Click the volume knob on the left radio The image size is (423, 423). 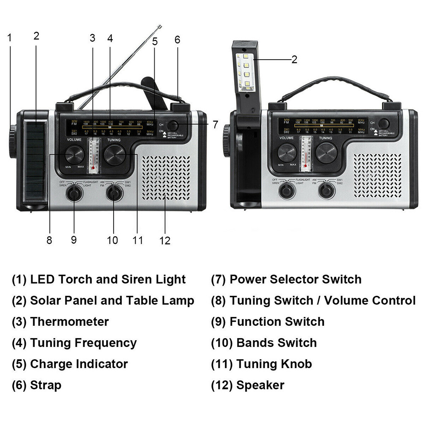click(75, 155)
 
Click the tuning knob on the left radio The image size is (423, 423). click(115, 155)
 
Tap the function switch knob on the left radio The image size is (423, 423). click(74, 193)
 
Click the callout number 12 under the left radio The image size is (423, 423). click(165, 240)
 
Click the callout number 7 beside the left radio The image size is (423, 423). click(215, 125)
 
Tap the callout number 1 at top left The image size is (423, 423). click(9, 38)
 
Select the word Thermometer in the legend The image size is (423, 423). click(69, 322)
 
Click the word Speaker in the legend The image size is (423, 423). click(260, 385)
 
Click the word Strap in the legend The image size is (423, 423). click(46, 385)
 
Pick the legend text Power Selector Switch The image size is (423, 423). click(295, 279)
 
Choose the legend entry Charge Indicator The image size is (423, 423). click(79, 364)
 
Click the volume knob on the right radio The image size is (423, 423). click(287, 153)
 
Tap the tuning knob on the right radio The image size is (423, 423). click(327, 153)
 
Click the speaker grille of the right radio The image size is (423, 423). click(377, 175)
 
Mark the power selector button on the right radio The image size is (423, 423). click(384, 123)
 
